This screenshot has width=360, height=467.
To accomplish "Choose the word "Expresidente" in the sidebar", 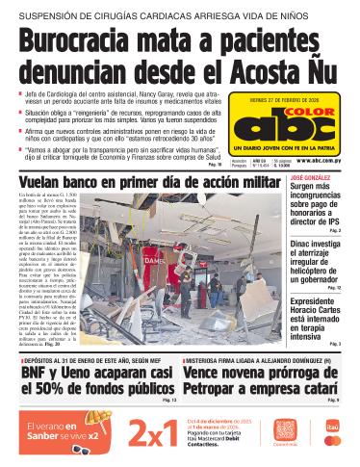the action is [x=311, y=301].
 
